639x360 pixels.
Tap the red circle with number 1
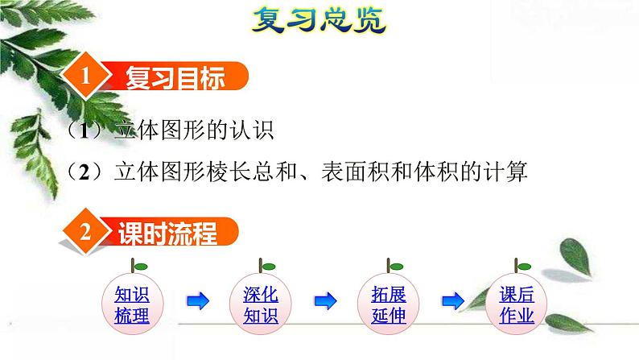point(87,79)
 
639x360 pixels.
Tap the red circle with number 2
point(86,232)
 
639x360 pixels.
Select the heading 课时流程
point(172,234)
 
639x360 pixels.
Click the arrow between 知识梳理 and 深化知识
point(198,301)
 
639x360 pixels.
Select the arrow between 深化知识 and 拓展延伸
point(325,301)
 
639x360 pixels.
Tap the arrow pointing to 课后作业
point(453,301)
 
